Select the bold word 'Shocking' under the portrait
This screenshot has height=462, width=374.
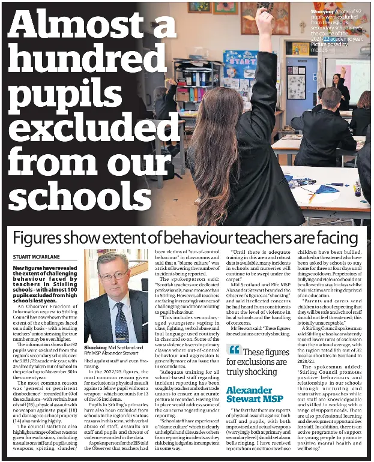pyautogui.click(x=95, y=347)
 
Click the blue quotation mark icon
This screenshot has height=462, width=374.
pyautogui.click(x=235, y=350)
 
